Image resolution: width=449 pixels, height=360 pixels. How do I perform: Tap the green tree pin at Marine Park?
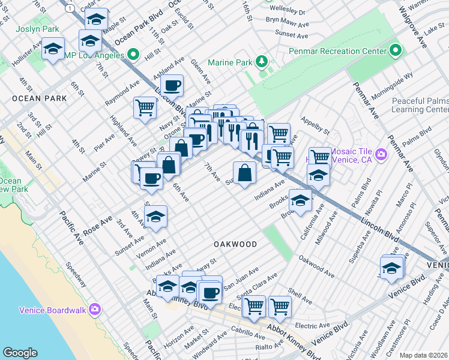pyautogui.click(x=261, y=62)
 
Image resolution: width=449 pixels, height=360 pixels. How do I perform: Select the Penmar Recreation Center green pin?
pyautogui.click(x=395, y=52)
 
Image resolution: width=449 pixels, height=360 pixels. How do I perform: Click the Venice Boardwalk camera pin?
pyautogui.click(x=94, y=310)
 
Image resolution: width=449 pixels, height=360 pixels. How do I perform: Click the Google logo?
pyautogui.click(x=20, y=353)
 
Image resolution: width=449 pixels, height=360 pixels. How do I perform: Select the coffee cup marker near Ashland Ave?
pyautogui.click(x=172, y=86)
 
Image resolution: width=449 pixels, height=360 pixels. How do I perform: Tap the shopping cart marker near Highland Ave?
pyautogui.click(x=145, y=108)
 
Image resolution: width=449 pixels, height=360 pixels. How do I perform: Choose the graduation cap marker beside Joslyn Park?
pyautogui.click(x=53, y=49)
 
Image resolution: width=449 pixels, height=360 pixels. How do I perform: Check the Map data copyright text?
pyautogui.click(x=423, y=355)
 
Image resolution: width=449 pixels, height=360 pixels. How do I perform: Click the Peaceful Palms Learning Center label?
pyautogui.click(x=420, y=106)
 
